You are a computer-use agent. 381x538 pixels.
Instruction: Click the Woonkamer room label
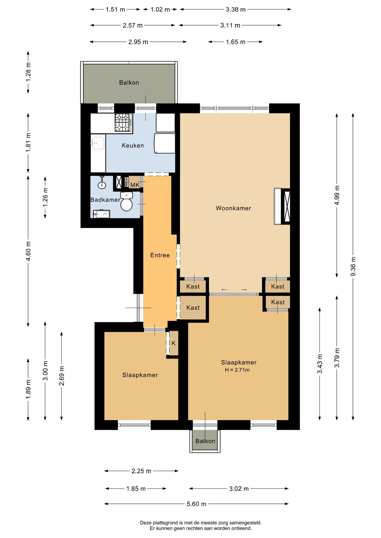point(233,208)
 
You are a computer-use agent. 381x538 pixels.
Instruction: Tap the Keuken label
point(133,145)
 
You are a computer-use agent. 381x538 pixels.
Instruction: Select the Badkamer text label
point(105,200)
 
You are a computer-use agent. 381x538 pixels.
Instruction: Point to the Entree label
point(160,255)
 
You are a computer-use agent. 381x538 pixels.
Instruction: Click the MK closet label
point(135,185)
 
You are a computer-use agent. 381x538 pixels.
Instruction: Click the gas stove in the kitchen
point(123,122)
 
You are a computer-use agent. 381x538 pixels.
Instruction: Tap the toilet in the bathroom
point(126,201)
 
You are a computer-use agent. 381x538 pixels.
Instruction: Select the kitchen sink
point(98,143)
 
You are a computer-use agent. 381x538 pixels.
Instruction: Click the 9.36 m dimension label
point(353,266)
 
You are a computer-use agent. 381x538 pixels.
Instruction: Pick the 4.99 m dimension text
point(337,195)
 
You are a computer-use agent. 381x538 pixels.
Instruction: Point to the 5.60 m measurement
point(196,504)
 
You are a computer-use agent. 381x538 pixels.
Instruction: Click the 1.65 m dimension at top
point(236,42)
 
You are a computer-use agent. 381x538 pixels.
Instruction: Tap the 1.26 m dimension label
point(45,197)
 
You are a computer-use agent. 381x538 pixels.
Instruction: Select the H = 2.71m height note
point(237,370)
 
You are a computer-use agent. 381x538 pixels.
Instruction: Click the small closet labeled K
point(173,343)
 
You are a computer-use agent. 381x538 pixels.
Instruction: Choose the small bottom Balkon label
point(205,441)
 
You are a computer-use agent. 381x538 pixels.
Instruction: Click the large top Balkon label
point(129,83)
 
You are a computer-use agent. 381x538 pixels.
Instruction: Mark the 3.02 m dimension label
point(239,489)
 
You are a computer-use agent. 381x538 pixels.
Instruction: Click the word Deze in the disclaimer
point(146,523)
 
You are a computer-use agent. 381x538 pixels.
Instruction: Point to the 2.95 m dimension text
point(138,42)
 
